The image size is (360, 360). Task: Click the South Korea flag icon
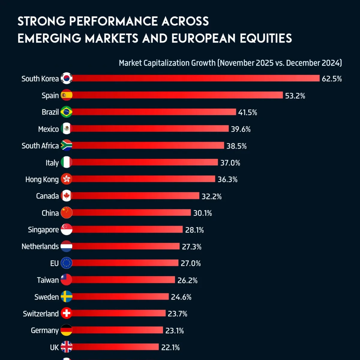tap(66, 78)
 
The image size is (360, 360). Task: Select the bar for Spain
tap(177, 95)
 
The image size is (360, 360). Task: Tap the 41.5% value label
tap(247, 112)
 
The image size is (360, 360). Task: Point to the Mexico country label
tap(48, 129)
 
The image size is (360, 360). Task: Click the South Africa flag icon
tap(66, 145)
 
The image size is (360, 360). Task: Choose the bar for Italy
tap(145, 162)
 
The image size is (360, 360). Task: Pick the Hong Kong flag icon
tap(66, 179)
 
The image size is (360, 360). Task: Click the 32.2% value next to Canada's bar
tap(211, 196)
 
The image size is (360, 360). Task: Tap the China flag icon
tap(66, 213)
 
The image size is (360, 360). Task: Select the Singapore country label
tap(43, 230)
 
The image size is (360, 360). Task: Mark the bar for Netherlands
tap(126, 246)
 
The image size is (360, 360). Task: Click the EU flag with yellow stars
tap(66, 263)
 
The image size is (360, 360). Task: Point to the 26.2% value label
tap(187, 280)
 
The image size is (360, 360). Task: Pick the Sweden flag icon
tap(66, 297)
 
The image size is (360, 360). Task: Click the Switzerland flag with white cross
tap(66, 313)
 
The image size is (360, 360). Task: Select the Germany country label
tap(45, 331)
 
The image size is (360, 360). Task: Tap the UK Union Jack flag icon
tap(66, 347)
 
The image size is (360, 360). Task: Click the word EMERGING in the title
tap(49, 38)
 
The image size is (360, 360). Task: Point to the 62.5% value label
tap(332, 79)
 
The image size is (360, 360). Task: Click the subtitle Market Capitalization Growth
tap(167, 63)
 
